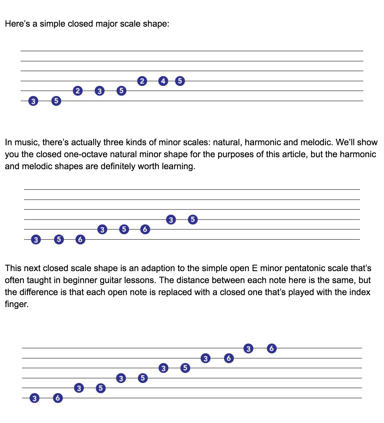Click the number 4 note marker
pyautogui.click(x=163, y=81)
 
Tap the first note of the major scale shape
pyautogui.click(x=33, y=101)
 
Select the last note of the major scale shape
pyautogui.click(x=180, y=81)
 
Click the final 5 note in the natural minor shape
pyautogui.click(x=193, y=219)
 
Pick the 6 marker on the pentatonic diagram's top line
pyautogui.click(x=272, y=348)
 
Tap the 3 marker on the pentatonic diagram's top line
pyautogui.click(x=248, y=348)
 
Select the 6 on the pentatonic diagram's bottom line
pyautogui.click(x=58, y=398)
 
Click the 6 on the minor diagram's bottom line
pyautogui.click(x=80, y=239)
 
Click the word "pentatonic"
pyautogui.click(x=305, y=268)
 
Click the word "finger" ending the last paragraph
pyautogui.click(x=16, y=304)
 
